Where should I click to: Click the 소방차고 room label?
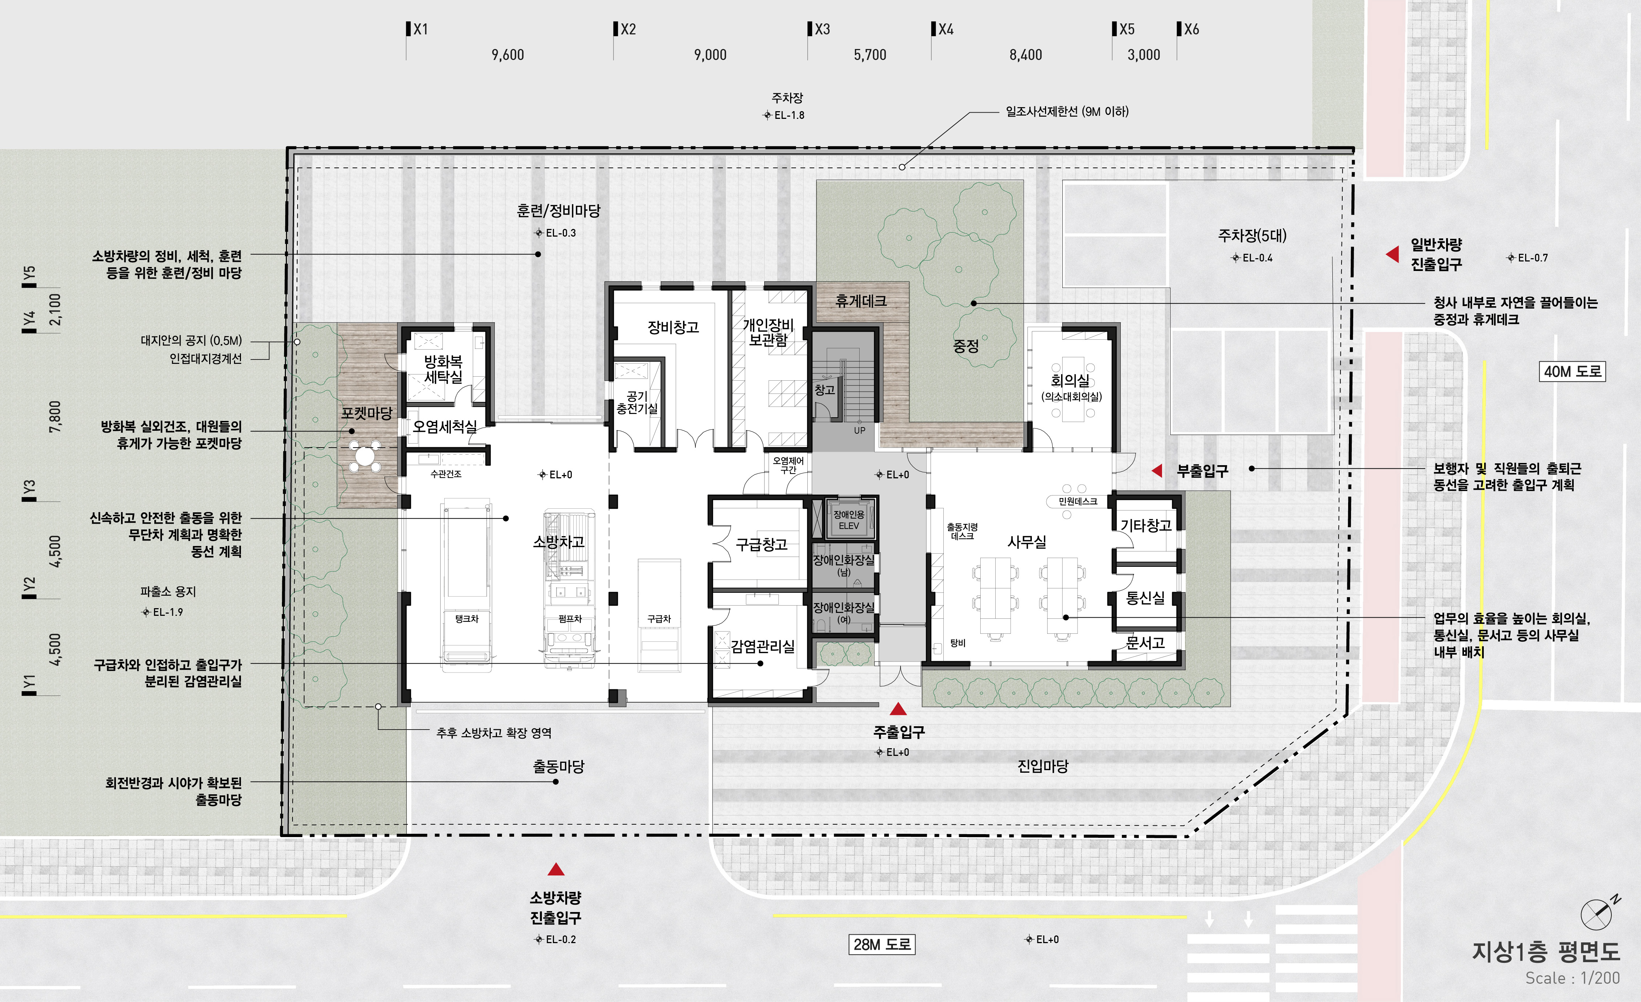click(558, 542)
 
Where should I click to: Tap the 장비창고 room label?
click(673, 327)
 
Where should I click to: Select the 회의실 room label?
click(1070, 380)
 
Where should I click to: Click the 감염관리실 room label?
click(763, 646)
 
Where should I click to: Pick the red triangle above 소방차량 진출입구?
click(555, 869)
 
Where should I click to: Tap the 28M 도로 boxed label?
click(882, 945)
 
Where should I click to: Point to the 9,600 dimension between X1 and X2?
click(508, 54)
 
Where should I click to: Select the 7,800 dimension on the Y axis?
click(55, 417)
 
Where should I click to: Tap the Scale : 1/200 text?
click(1572, 978)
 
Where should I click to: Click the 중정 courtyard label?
click(966, 346)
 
